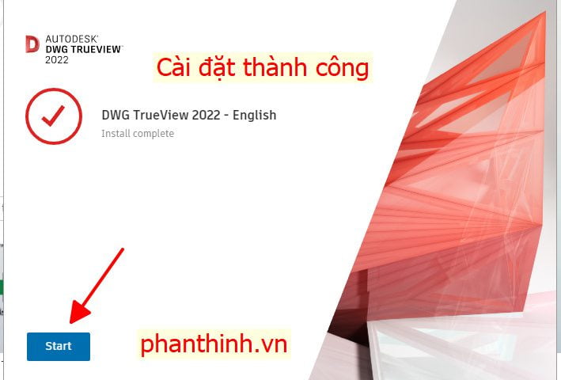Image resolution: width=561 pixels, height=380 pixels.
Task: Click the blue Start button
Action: (x=59, y=347)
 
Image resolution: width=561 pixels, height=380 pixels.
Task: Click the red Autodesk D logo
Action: (x=32, y=44)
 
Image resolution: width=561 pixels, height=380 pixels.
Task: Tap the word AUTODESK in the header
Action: (x=71, y=39)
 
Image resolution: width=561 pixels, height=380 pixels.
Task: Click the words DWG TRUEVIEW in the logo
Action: (x=84, y=49)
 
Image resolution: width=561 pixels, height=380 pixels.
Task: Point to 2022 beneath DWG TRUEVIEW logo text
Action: (x=56, y=59)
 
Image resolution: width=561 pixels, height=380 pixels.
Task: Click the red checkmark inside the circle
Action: (x=53, y=116)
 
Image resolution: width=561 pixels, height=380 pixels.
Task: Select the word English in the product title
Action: (x=254, y=116)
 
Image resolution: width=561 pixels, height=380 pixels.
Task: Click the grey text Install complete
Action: (x=138, y=134)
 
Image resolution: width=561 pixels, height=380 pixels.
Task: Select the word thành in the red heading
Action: (x=275, y=67)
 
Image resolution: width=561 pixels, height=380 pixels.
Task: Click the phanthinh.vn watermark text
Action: (x=214, y=344)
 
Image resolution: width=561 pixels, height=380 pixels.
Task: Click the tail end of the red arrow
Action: (x=123, y=249)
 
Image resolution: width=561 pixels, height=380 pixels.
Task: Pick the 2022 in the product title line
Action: (x=206, y=116)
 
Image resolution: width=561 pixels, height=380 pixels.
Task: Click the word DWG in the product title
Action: (x=116, y=116)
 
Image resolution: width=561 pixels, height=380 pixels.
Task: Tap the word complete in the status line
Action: (x=154, y=134)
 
